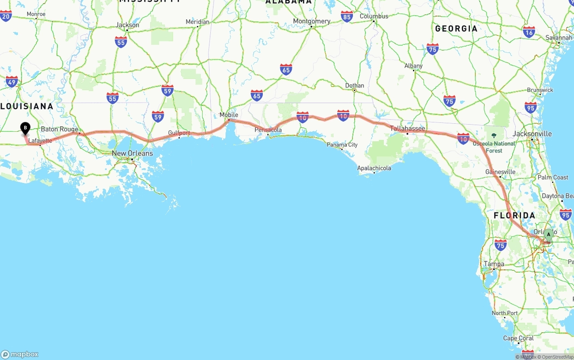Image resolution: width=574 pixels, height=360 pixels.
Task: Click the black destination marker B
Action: [26, 128]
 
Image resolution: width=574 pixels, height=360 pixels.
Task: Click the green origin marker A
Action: [548, 234]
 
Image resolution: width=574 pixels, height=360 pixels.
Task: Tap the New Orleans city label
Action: [132, 153]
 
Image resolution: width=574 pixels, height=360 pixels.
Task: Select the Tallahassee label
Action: [407, 129]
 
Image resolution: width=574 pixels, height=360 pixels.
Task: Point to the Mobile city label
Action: [229, 115]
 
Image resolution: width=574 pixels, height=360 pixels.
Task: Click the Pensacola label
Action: [268, 130]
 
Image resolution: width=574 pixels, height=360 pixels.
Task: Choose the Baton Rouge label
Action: [59, 129]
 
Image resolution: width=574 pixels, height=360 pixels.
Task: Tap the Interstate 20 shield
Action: [6, 16]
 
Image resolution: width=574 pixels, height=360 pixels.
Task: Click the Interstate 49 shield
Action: [12, 82]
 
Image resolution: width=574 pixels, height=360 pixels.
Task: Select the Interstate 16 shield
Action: [529, 32]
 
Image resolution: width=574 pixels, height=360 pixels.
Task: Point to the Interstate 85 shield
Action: [347, 17]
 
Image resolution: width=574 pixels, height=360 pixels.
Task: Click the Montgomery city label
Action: [312, 21]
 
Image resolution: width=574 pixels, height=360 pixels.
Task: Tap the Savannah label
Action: [559, 38]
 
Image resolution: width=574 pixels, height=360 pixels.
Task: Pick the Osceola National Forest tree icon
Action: [494, 135]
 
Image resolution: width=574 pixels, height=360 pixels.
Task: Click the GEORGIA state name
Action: [456, 29]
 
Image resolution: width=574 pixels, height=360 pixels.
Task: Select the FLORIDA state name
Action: [514, 216]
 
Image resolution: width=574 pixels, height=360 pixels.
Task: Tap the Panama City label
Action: [342, 145]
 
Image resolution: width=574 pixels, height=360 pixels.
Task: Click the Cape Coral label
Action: [518, 338]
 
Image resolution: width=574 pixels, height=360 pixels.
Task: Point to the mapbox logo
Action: [20, 354]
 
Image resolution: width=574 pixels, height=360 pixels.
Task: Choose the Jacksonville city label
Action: [532, 134]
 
